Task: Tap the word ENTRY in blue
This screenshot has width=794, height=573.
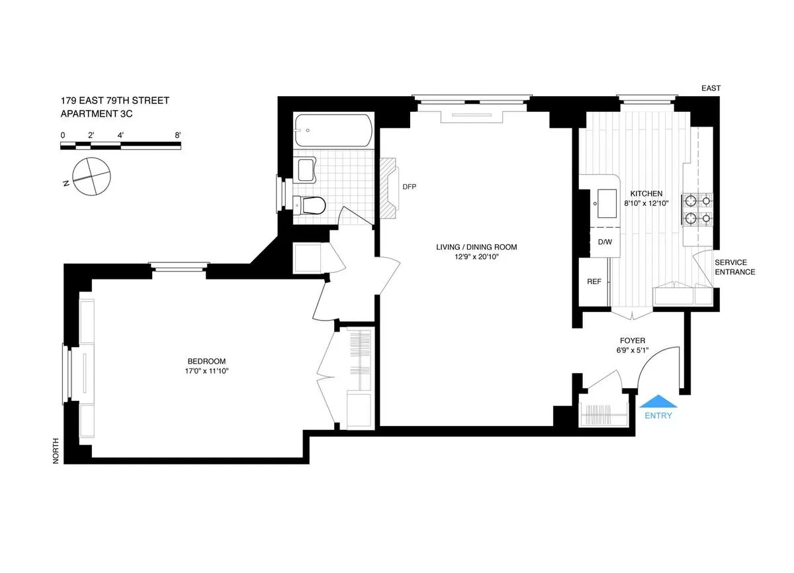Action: tap(658, 416)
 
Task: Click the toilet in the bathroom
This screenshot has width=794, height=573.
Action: tap(311, 206)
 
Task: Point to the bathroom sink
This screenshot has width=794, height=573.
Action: tap(308, 170)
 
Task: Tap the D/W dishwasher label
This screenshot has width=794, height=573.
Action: tap(605, 242)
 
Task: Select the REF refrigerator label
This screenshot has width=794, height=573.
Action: tap(594, 282)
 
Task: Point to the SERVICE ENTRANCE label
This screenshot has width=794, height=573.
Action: tap(734, 267)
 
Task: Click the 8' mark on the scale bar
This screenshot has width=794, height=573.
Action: tap(177, 135)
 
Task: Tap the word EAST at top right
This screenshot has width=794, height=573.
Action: tap(712, 88)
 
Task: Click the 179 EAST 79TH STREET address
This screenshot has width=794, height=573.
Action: tap(114, 101)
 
